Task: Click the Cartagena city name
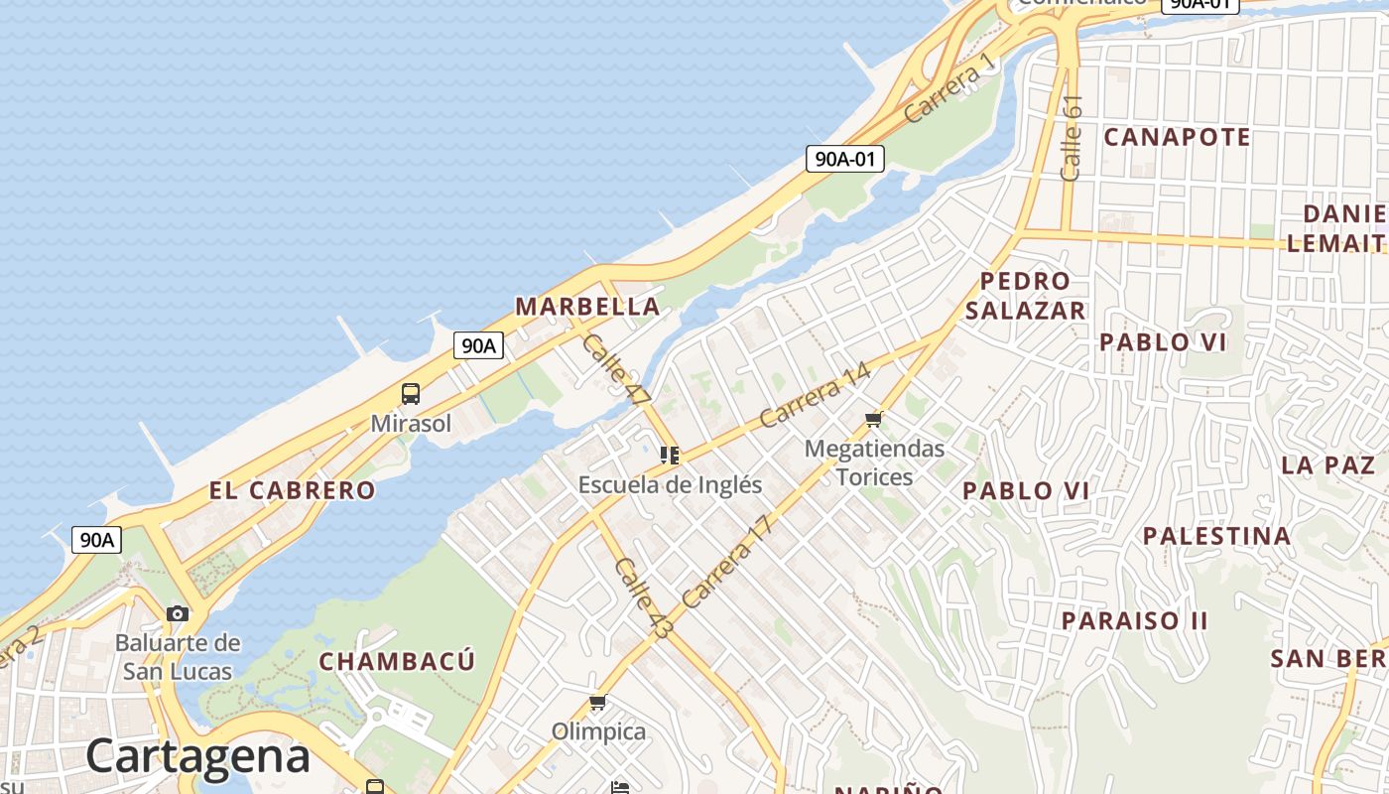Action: [x=197, y=756]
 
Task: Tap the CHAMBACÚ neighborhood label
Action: [x=397, y=661]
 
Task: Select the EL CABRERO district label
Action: [x=292, y=489]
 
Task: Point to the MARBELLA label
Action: [x=587, y=307]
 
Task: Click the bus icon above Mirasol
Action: [x=411, y=394]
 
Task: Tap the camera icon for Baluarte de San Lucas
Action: [x=178, y=613]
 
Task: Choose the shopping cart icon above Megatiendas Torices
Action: [x=874, y=419]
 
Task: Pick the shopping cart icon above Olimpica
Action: [x=597, y=703]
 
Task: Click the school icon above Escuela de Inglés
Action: [x=670, y=456]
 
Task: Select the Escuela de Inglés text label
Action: [x=670, y=484]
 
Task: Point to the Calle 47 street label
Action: [x=615, y=368]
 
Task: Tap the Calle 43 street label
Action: [x=643, y=596]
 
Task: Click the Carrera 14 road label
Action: [x=815, y=395]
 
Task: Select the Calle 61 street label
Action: [x=1071, y=137]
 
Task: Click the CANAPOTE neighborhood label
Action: [x=1177, y=137]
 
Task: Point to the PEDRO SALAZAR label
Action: [x=1025, y=296]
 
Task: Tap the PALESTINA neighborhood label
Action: [x=1216, y=536]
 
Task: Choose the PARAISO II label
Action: [x=1134, y=620]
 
